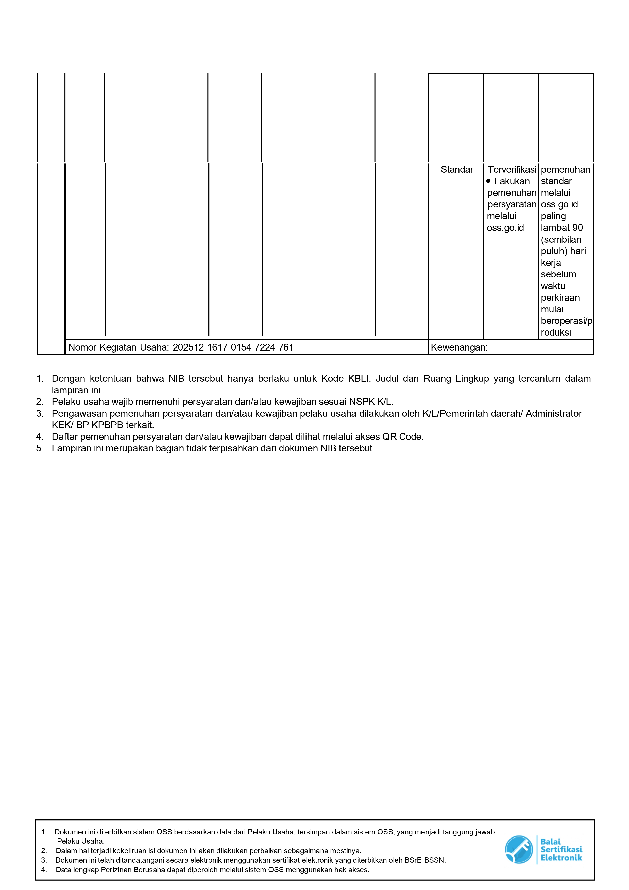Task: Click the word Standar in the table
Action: pos(456,169)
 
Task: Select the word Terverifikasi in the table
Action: pos(512,169)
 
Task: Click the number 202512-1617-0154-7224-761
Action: pos(233,347)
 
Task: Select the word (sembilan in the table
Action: pos(561,239)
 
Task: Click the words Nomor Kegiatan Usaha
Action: pos(118,347)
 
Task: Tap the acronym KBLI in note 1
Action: pos(359,378)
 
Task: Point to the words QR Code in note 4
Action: pos(402,437)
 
